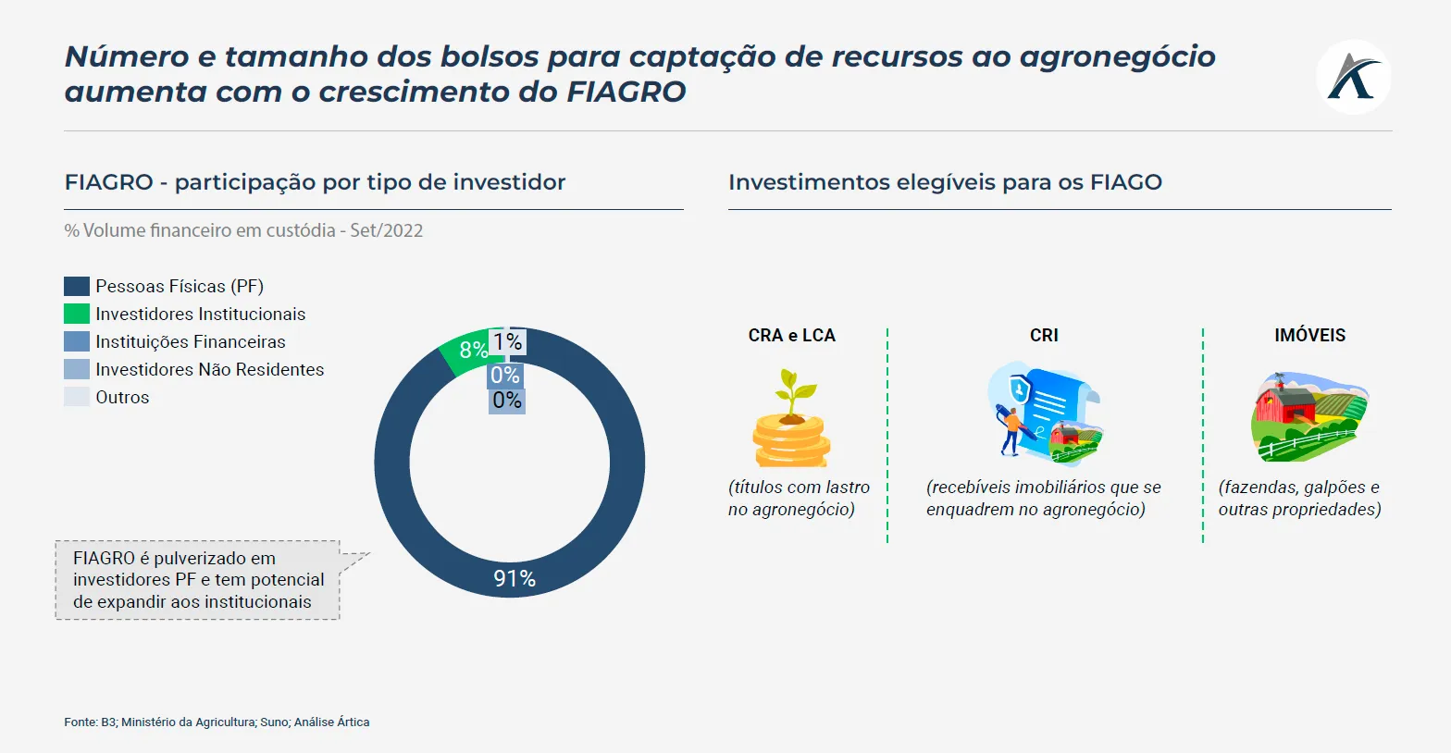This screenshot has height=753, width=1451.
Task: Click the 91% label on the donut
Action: point(515,579)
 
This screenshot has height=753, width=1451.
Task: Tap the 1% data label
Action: point(507,342)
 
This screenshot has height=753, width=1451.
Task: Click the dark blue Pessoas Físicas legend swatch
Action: point(77,287)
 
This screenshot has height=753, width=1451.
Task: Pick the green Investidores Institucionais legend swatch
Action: point(77,315)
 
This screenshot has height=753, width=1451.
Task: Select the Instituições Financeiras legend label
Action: point(190,342)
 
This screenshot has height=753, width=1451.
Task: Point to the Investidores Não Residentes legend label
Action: point(209,370)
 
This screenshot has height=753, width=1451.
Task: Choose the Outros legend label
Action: point(122,398)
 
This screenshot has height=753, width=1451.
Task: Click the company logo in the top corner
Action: point(1353,77)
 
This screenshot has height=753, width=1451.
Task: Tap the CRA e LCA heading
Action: point(791,336)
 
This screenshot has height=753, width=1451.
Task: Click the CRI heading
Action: point(1044,336)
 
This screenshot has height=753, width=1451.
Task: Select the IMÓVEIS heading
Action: point(1309,336)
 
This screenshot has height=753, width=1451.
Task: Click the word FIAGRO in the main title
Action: point(626,93)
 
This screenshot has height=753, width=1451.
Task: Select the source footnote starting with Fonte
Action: point(217,722)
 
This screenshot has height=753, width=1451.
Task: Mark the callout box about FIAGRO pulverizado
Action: point(198,580)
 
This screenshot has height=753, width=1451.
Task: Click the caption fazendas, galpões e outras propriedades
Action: point(1299,499)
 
